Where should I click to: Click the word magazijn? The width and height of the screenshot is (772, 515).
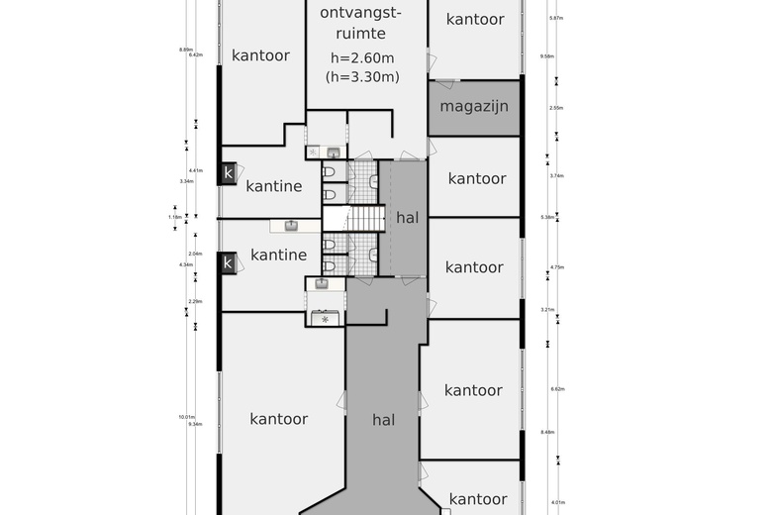coord(474,106)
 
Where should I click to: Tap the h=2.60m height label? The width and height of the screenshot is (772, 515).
coord(361,57)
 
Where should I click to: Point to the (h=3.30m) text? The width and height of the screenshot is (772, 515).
coord(361,76)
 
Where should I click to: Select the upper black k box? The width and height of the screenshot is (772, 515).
coord(229,173)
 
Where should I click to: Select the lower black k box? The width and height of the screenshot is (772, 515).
coord(229,262)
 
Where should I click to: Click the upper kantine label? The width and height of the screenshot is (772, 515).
coord(274,185)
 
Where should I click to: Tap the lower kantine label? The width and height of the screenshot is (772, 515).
coord(278,255)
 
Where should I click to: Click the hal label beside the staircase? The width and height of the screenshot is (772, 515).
coord(407,217)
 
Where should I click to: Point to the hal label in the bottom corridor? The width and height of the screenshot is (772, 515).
coord(383,420)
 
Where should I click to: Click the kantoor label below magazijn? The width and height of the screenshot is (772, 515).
coord(477,178)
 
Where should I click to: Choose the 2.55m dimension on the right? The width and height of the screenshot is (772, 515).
coord(555,108)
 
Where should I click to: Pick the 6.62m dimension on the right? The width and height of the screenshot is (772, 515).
coord(555,389)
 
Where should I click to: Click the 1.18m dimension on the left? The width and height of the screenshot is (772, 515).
coord(175,217)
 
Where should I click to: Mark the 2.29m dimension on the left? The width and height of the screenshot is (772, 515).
coord(196,301)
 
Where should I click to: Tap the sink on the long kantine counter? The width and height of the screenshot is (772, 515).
coord(291,225)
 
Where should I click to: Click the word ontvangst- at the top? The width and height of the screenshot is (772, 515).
coord(361,13)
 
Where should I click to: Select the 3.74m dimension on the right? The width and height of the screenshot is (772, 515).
coord(555,175)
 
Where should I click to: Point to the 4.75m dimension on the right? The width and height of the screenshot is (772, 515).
coord(555,267)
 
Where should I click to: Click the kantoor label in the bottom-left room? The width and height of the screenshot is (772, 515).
coord(278,419)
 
